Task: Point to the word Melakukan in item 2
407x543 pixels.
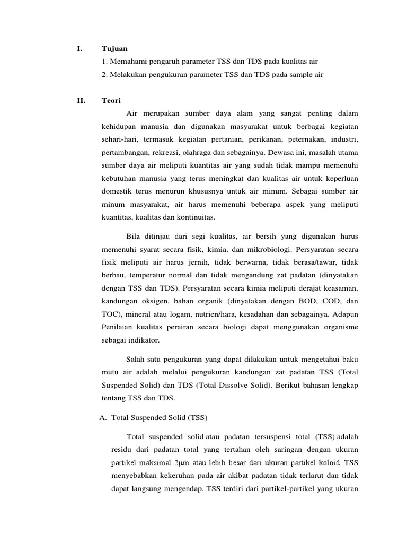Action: [x=128, y=75]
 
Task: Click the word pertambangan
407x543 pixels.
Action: [x=125, y=152]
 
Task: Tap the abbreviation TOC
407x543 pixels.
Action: [x=110, y=314]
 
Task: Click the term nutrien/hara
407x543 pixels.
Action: [x=219, y=314]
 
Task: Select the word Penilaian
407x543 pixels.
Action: [x=118, y=328]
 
